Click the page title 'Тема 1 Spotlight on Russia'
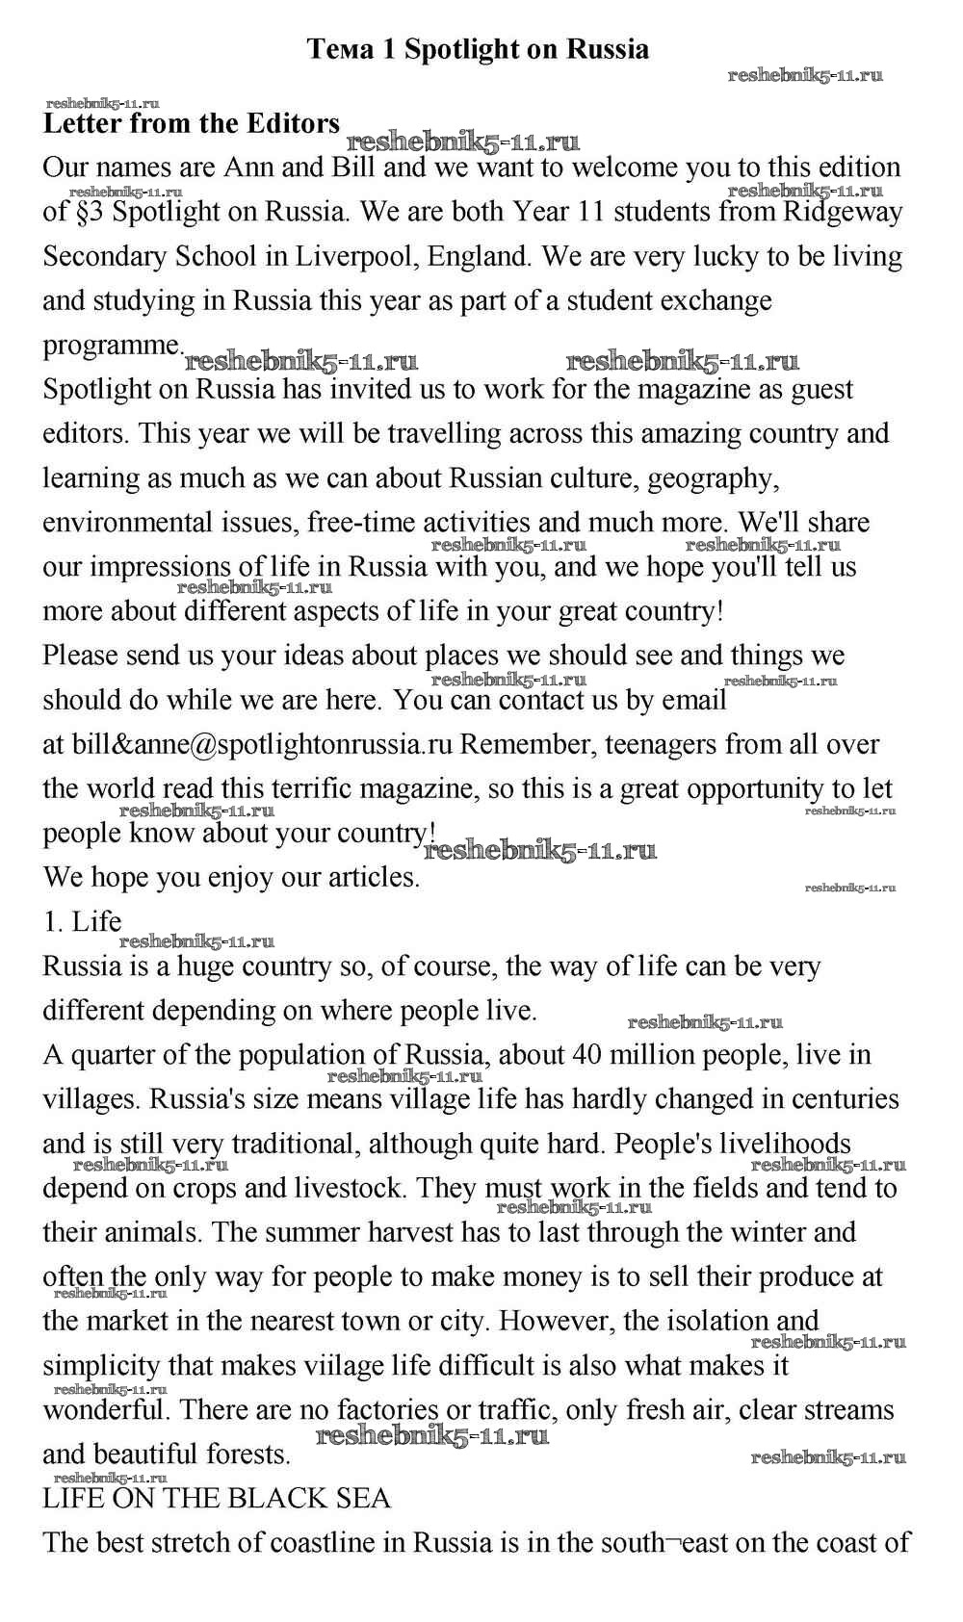pyautogui.click(x=478, y=49)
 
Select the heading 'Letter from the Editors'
pyautogui.click(x=192, y=124)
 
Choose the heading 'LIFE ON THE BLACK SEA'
pyautogui.click(x=218, y=1499)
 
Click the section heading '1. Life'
pyautogui.click(x=83, y=922)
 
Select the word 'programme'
pyautogui.click(x=111, y=345)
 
